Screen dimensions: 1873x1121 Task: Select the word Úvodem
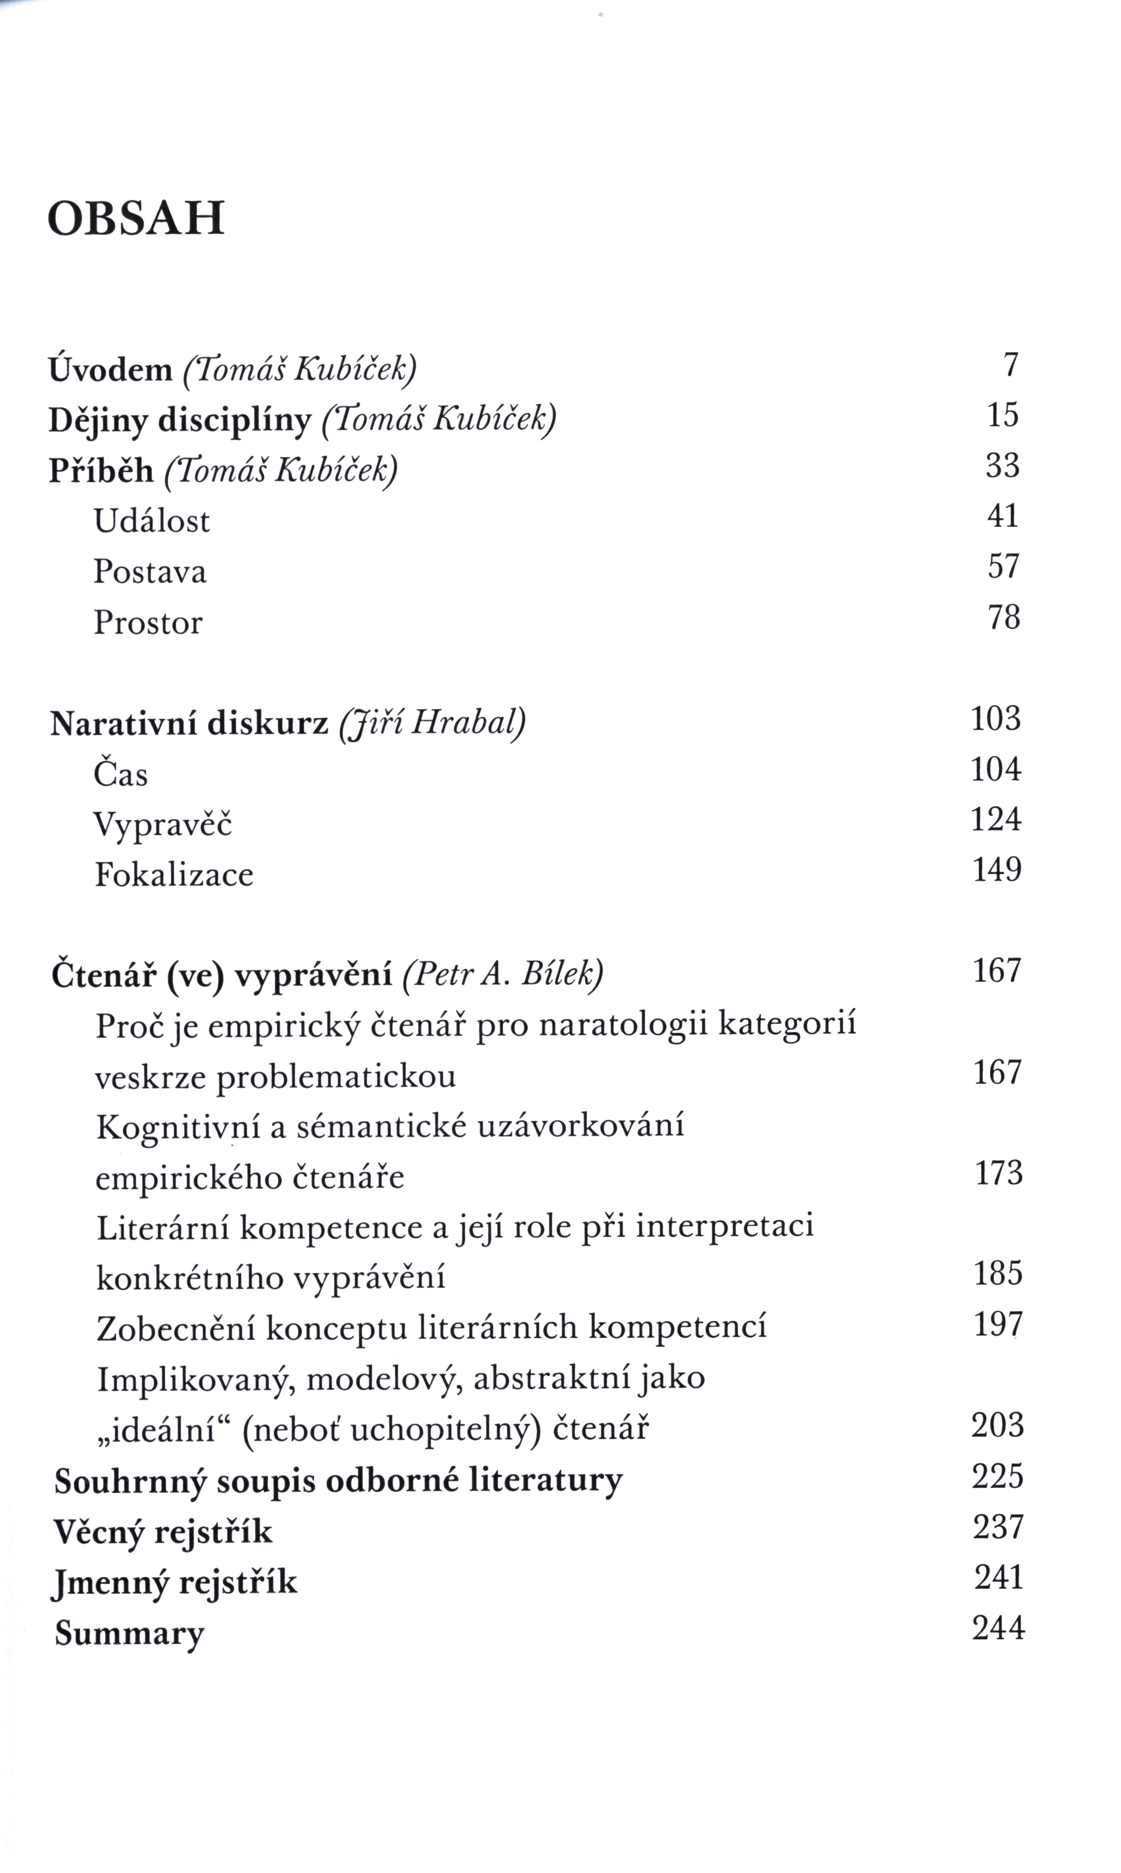(x=110, y=370)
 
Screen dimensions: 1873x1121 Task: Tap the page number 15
(x=1002, y=415)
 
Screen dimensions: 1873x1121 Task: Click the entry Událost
(x=151, y=521)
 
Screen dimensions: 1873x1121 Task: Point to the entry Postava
(x=150, y=572)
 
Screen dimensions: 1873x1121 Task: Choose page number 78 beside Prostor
(x=1004, y=617)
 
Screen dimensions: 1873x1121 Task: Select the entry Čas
(x=121, y=774)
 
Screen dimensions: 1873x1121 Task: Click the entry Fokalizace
(x=174, y=875)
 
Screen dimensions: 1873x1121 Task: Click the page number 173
(x=999, y=1173)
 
